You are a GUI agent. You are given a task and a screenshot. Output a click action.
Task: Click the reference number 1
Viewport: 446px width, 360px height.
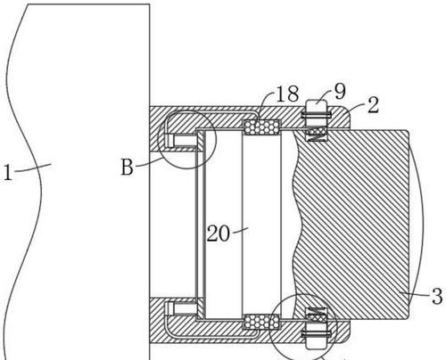point(8,173)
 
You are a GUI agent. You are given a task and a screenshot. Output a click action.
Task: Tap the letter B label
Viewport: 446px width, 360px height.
point(128,167)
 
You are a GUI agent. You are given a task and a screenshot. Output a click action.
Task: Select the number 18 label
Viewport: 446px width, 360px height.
point(287,94)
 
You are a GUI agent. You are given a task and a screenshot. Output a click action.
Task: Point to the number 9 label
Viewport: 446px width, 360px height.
point(340,91)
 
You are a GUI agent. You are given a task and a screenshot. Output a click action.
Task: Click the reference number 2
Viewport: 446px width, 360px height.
point(374,105)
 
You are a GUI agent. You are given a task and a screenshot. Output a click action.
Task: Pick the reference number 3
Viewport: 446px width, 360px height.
point(437,296)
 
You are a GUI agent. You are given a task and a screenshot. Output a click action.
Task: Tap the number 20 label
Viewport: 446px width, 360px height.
point(219,233)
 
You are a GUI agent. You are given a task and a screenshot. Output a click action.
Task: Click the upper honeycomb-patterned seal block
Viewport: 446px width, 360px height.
point(261,127)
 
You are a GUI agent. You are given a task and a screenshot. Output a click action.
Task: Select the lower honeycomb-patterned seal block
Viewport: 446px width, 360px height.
point(261,322)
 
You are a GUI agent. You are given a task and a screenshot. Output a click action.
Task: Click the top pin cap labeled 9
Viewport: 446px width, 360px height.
point(317,106)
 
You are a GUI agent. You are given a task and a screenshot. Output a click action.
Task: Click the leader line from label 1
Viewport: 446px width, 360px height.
point(33,168)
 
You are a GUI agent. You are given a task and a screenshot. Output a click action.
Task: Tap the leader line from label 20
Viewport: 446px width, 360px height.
point(241,230)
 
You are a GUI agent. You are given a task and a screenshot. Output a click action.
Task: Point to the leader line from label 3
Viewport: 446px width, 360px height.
point(415,294)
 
